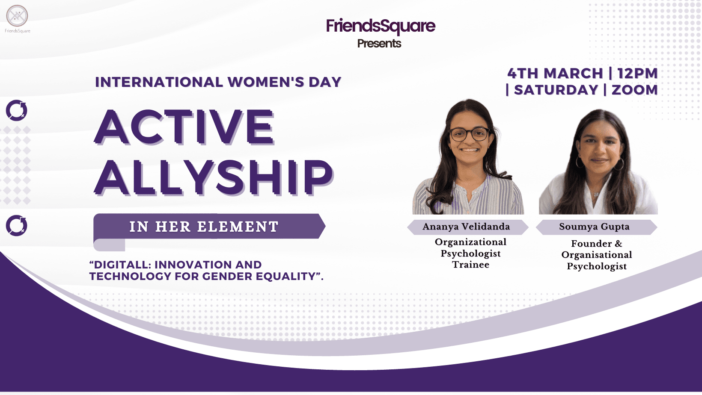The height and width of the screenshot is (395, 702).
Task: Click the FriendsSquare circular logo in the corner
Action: coord(17,16)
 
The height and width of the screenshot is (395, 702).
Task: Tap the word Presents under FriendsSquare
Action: coord(379,44)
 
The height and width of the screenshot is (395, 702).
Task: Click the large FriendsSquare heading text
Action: coord(381,26)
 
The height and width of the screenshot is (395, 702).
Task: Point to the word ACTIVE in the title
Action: coord(184,127)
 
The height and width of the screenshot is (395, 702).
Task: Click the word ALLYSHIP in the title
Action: coord(214,177)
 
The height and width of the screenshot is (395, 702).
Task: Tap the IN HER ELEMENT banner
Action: coord(209,226)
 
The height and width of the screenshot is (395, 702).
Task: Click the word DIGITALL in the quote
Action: coord(120,265)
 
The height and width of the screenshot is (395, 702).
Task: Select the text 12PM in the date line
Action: coord(637,74)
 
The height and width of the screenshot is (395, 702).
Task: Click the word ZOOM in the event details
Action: coord(635,90)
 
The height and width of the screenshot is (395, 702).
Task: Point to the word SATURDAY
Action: coord(556,90)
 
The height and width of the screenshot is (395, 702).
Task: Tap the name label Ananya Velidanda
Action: coord(466,227)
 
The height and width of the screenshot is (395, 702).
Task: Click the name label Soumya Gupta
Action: coord(594,227)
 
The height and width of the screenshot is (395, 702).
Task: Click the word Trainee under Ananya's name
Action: coord(470,265)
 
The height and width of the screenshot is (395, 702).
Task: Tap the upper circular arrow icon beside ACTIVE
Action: coord(17,110)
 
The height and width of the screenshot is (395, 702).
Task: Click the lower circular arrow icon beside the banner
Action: coord(17,225)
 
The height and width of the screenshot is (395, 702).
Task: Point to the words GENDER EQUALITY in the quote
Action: coord(259,277)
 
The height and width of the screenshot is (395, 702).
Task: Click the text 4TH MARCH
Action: coord(555,74)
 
